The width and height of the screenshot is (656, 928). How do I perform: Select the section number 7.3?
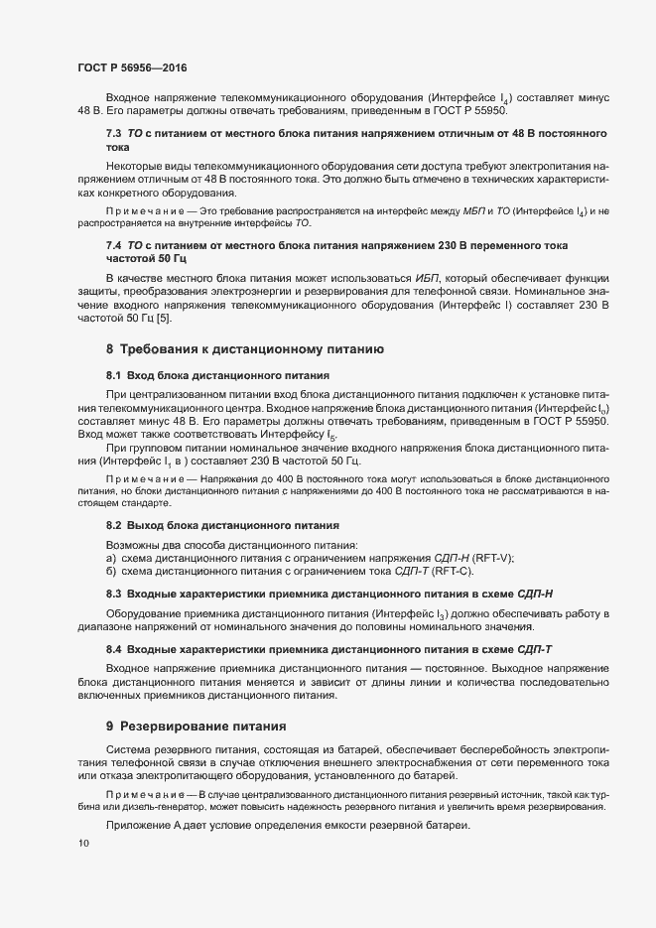point(114,132)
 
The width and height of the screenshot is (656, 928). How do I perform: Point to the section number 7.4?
point(114,244)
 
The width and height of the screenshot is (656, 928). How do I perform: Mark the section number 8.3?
point(114,593)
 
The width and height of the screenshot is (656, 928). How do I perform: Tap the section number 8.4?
point(114,648)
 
